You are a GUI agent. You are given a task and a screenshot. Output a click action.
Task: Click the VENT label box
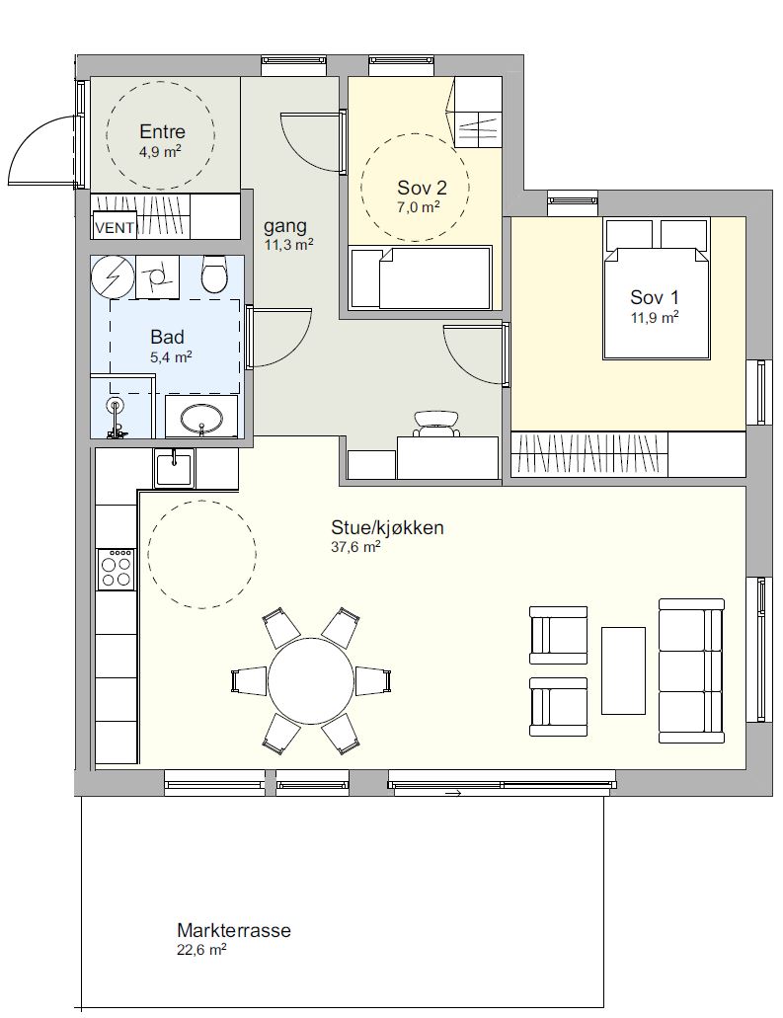(x=115, y=226)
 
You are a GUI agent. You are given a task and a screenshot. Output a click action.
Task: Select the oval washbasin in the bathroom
(x=201, y=419)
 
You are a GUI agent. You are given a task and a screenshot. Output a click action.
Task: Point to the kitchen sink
(x=174, y=469)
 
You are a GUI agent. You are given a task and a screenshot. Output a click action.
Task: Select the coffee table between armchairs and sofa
(x=623, y=670)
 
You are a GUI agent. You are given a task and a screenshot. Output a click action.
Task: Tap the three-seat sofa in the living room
(x=691, y=670)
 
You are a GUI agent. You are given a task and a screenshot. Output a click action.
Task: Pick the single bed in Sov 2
(x=421, y=277)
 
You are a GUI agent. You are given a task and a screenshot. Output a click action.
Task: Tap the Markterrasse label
(x=234, y=930)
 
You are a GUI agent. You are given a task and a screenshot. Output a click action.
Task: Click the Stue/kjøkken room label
(x=388, y=527)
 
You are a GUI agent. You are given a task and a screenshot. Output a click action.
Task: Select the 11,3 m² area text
(x=289, y=244)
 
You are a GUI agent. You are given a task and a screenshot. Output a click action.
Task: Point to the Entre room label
(x=162, y=131)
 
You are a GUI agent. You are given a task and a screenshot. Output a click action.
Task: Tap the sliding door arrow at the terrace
(x=453, y=793)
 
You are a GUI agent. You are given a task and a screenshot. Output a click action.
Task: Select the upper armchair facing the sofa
(x=558, y=635)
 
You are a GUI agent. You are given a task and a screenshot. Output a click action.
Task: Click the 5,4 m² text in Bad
(x=170, y=356)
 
